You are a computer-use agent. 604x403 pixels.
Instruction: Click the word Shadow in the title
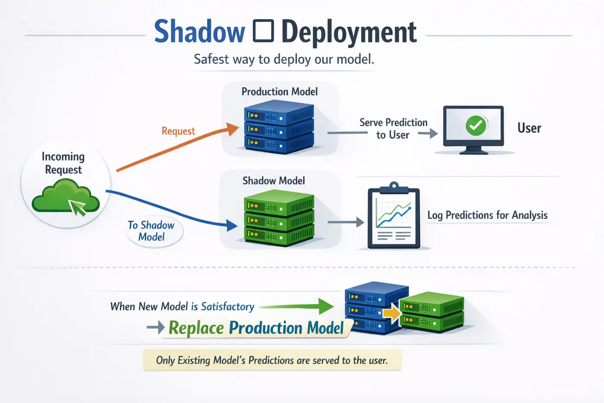pos(199,32)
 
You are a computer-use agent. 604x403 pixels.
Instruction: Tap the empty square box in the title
pos(263,32)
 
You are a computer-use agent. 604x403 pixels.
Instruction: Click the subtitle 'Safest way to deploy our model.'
pos(284,59)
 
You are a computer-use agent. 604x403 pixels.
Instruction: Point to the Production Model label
pos(280,92)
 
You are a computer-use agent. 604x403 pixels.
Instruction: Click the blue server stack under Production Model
pos(279,127)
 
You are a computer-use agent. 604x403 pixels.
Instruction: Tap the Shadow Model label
pos(274,181)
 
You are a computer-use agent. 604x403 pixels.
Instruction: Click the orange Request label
pos(178,131)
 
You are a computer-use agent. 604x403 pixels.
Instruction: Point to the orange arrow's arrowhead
pos(233,128)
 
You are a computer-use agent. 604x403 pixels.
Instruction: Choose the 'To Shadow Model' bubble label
pos(151,231)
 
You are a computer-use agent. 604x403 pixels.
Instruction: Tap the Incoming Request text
pos(63,163)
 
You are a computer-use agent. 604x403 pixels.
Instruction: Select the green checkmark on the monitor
pos(476,126)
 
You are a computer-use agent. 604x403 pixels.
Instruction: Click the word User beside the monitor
pos(529,128)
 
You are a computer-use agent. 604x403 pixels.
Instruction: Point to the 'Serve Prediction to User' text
pos(393,129)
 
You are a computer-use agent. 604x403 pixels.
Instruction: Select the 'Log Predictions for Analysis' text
pos(488,215)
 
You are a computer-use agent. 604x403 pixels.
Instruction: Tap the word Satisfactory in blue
pos(227,307)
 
